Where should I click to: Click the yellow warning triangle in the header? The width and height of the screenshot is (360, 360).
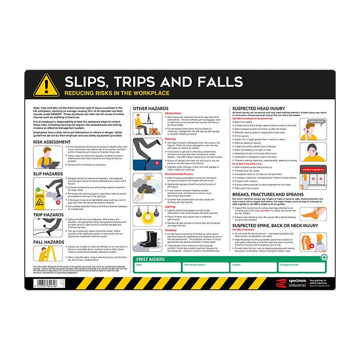tap(46, 85)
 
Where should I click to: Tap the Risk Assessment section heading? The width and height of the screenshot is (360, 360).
tap(52, 142)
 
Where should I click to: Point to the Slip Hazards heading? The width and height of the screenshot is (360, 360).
tap(48, 174)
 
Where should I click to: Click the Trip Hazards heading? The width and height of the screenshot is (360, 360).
tap(48, 215)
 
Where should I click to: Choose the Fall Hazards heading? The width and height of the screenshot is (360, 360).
tap(48, 242)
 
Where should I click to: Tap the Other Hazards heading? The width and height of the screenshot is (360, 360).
tap(151, 108)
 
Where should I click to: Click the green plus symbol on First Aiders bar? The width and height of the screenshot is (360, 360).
tap(324, 257)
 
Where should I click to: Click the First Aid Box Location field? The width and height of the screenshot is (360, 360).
tap(205, 268)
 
